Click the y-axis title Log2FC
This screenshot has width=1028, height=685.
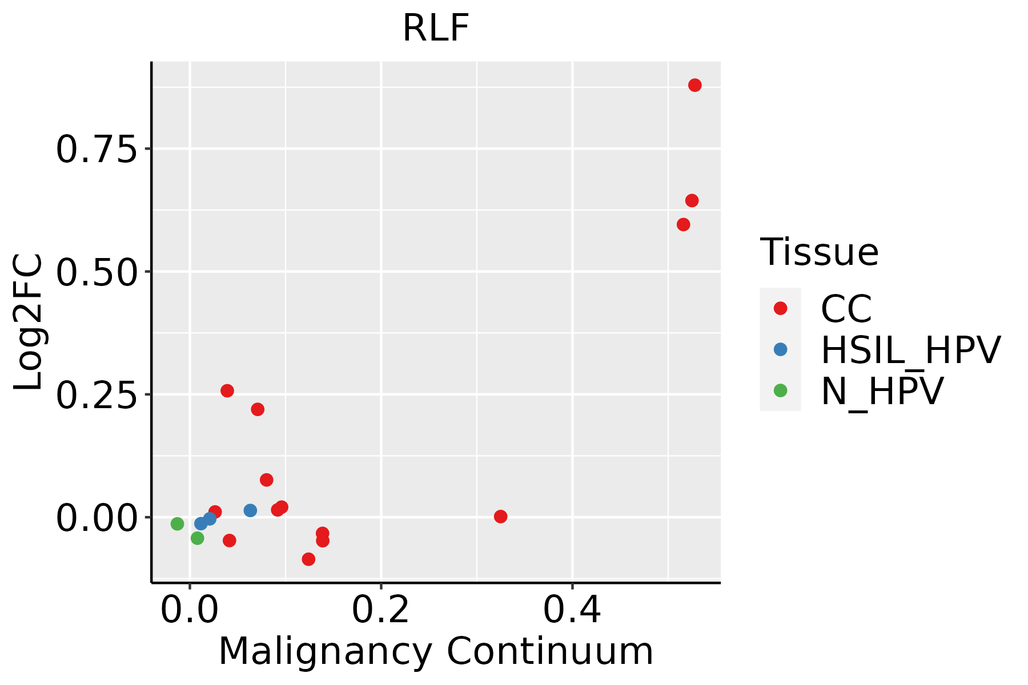click(x=29, y=323)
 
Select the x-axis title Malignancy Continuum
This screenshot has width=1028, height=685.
click(x=436, y=652)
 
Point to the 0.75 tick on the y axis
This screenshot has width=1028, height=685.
click(x=97, y=150)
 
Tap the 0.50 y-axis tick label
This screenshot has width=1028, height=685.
click(x=97, y=272)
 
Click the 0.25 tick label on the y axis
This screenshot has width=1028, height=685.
click(x=97, y=395)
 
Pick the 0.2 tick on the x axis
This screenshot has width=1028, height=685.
click(x=380, y=610)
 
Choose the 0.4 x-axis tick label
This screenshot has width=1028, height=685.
click(x=572, y=610)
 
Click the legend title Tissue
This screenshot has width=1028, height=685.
click(x=819, y=252)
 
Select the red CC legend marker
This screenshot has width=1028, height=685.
click(x=780, y=308)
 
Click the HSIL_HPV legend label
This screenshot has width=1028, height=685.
click(x=910, y=350)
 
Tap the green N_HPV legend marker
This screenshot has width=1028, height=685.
click(x=780, y=391)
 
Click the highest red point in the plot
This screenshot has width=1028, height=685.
click(x=694, y=85)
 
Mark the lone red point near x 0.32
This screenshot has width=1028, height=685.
click(x=500, y=517)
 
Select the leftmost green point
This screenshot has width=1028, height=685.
click(x=177, y=523)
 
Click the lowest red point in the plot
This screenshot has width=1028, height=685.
click(x=308, y=559)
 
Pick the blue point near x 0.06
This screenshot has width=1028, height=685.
click(x=250, y=510)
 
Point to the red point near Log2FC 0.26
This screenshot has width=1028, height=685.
click(x=227, y=390)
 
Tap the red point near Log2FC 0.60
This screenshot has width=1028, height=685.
click(x=683, y=224)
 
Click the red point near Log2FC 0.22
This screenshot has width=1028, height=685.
click(x=258, y=409)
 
